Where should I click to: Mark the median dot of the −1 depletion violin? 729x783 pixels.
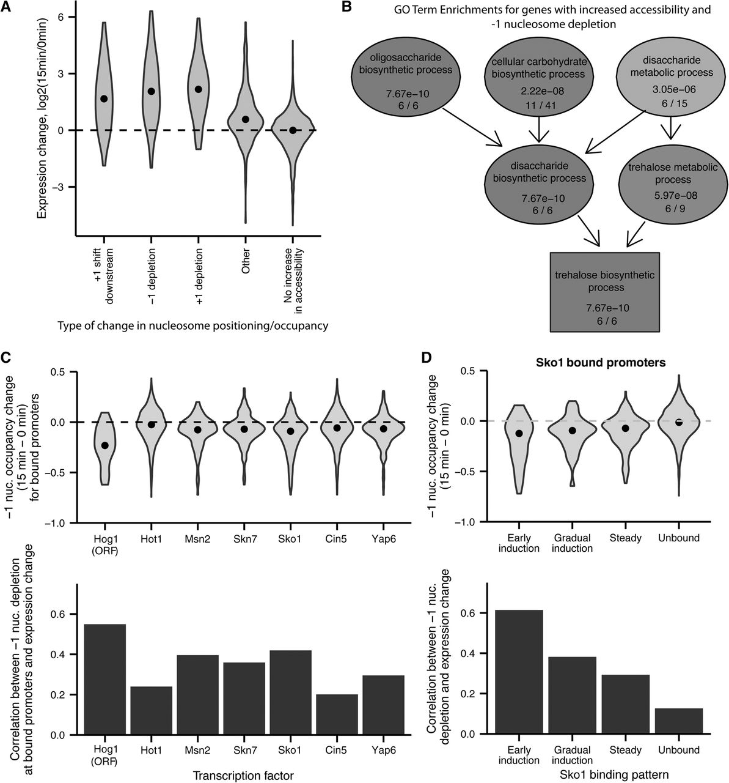(x=152, y=91)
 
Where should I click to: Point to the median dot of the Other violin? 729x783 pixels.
(x=246, y=119)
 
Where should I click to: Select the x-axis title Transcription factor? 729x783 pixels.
(x=243, y=776)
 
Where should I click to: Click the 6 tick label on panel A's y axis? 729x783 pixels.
(x=61, y=17)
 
